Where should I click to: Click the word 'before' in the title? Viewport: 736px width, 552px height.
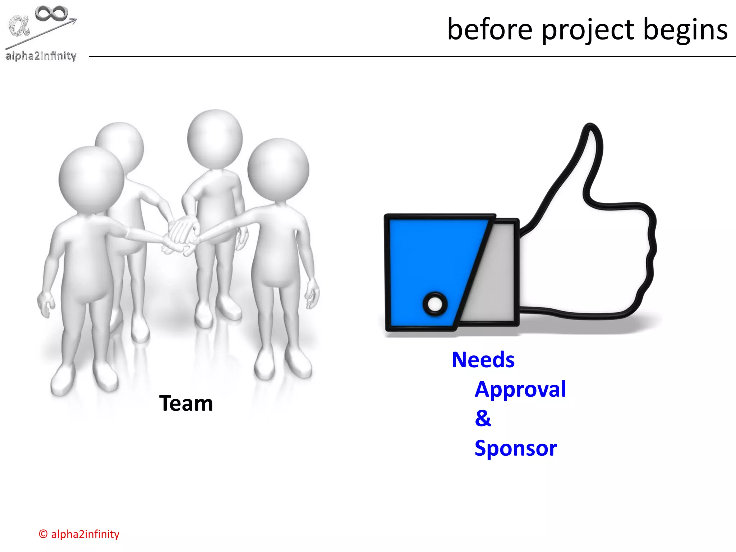click(489, 29)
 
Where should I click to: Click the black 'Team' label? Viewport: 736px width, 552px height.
click(186, 403)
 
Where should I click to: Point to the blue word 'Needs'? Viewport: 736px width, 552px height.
click(483, 360)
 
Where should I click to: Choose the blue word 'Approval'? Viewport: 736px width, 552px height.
click(520, 390)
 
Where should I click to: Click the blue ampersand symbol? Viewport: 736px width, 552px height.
click(483, 418)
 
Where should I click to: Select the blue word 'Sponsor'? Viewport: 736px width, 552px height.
click(516, 448)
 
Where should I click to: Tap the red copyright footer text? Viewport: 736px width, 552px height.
click(79, 534)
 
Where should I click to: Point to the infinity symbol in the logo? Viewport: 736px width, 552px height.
click(51, 14)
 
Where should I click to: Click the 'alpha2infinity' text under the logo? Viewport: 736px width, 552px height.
click(41, 56)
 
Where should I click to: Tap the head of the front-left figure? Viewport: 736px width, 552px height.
click(91, 179)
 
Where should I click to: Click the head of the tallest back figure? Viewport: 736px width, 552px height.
click(215, 138)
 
